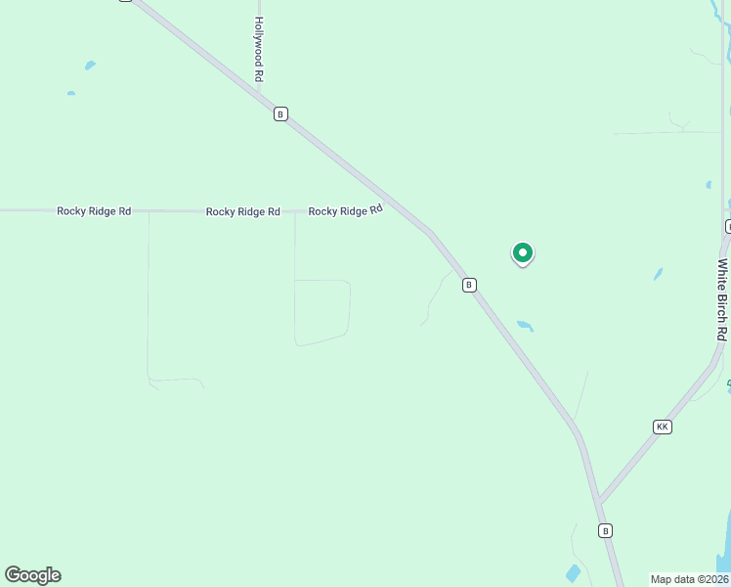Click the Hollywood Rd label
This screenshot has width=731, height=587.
(x=259, y=49)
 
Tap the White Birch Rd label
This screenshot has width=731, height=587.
(x=722, y=299)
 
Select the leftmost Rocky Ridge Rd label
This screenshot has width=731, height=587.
(x=94, y=210)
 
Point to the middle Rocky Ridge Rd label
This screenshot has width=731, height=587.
(x=242, y=211)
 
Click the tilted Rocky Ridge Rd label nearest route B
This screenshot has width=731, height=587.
(x=345, y=210)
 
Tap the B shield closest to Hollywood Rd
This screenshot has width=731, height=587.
(x=280, y=114)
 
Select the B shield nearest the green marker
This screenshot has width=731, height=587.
(x=469, y=285)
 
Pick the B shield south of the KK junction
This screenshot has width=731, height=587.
(x=606, y=530)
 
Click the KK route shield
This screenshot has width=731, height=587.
(x=663, y=427)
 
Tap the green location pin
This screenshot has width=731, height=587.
(x=523, y=253)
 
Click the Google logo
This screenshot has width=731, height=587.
(x=32, y=575)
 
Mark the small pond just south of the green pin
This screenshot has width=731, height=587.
(x=526, y=326)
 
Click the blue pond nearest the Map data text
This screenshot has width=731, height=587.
(x=574, y=573)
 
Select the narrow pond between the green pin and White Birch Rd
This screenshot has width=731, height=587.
(x=658, y=274)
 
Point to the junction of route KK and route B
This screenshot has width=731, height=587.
(x=599, y=502)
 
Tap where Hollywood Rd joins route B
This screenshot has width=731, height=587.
(x=260, y=94)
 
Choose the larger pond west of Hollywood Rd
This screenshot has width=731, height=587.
(x=90, y=66)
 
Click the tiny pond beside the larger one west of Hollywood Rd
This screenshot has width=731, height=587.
(x=71, y=93)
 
